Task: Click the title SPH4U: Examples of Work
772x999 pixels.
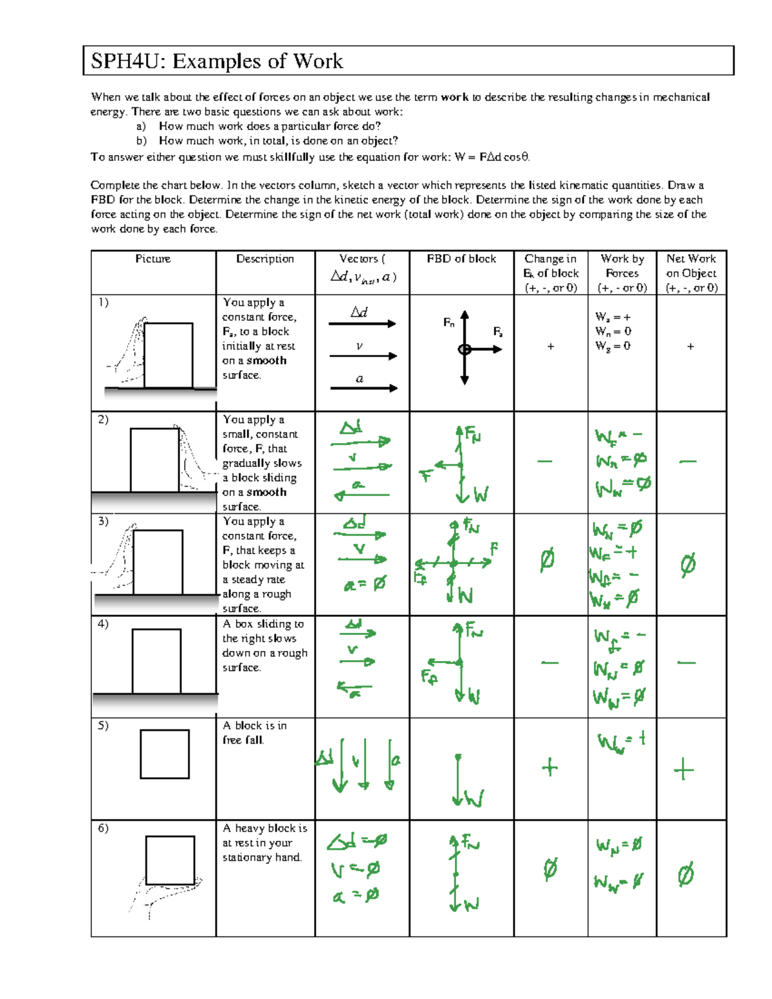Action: pyautogui.click(x=217, y=61)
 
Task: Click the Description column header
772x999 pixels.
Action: pyautogui.click(x=264, y=259)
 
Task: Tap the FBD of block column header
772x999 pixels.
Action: pyautogui.click(x=461, y=259)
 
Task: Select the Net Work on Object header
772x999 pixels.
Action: pyautogui.click(x=691, y=273)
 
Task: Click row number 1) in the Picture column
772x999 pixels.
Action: pyautogui.click(x=104, y=302)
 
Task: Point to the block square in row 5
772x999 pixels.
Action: pyautogui.click(x=165, y=754)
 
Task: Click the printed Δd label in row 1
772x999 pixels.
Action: pyautogui.click(x=359, y=312)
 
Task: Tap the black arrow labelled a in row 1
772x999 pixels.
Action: pyautogui.click(x=363, y=388)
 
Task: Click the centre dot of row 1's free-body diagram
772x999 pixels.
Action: pyautogui.click(x=464, y=349)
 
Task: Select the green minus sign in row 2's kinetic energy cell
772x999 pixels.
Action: pyautogui.click(x=545, y=461)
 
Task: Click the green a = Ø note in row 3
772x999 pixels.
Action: pyautogui.click(x=365, y=584)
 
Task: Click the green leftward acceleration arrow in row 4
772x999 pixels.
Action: pyautogui.click(x=354, y=688)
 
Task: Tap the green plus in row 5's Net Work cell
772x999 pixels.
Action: pyautogui.click(x=683, y=769)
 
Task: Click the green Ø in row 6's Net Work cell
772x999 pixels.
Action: pyautogui.click(x=686, y=875)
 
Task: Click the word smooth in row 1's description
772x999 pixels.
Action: pyautogui.click(x=266, y=360)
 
